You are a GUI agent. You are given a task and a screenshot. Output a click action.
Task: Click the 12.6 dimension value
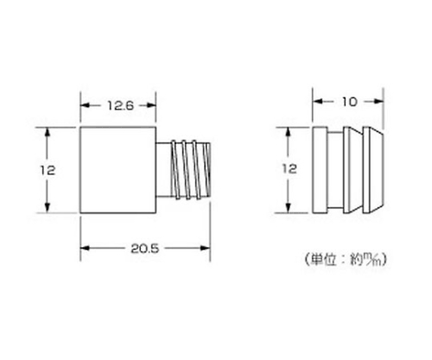pyautogui.click(x=121, y=105)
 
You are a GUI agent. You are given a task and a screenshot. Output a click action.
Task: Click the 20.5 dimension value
pyautogui.click(x=144, y=249)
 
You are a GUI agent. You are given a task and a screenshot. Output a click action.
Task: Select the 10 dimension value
pyautogui.click(x=350, y=102)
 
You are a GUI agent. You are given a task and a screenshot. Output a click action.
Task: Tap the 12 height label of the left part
pyautogui.click(x=48, y=170)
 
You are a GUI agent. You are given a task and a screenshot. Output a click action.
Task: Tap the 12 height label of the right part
pyautogui.click(x=289, y=168)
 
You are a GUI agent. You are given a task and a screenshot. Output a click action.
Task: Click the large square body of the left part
pyautogui.click(x=118, y=170)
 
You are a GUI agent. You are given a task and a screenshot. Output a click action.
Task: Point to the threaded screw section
pyautogui.click(x=191, y=170)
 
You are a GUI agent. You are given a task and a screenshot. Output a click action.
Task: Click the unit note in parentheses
pyautogui.click(x=346, y=259)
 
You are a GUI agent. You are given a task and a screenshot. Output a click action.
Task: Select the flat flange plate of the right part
pyautogui.click(x=320, y=170)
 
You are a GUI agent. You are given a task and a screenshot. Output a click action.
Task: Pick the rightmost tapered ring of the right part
pyautogui.click(x=373, y=170)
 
